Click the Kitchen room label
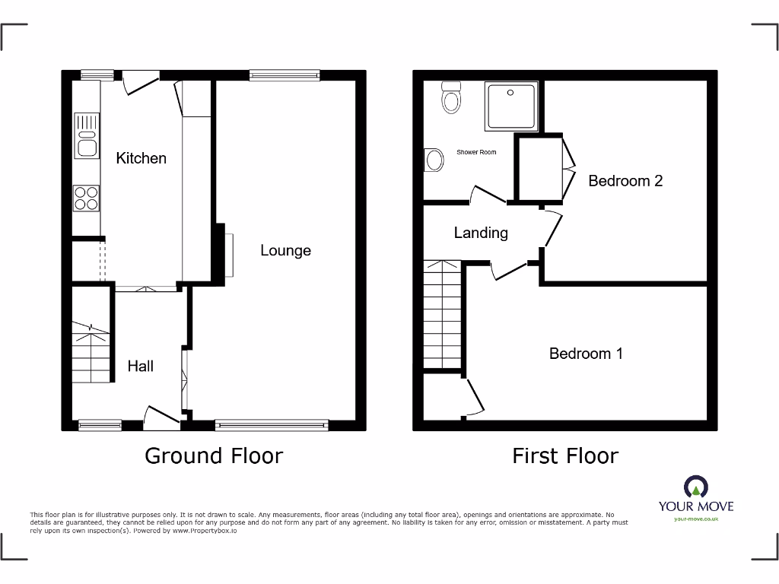point(141,158)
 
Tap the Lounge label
point(285,250)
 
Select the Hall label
point(140,366)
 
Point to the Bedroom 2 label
point(625,181)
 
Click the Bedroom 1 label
point(586,354)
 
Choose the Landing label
point(481,233)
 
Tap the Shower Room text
point(476,152)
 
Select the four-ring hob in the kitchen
point(86,198)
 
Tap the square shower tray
point(510,106)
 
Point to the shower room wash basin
point(434,160)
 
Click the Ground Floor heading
point(214,455)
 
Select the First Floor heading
point(565,455)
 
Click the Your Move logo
point(696,497)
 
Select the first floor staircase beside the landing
point(442,315)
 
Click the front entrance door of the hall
point(160,415)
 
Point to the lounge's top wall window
point(285,75)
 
